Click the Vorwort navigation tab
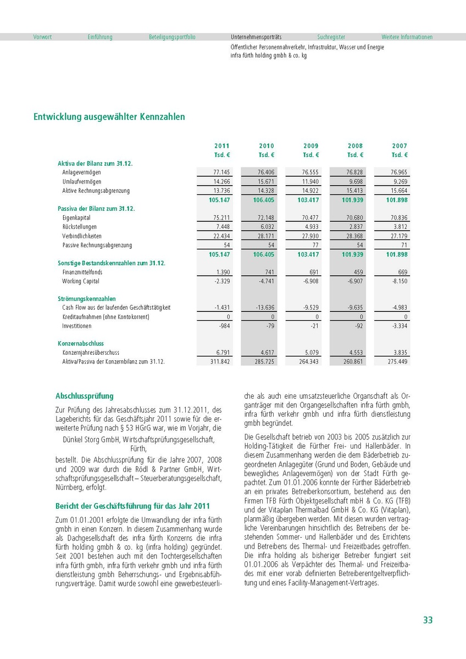coord(42,37)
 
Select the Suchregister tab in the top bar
coord(331,37)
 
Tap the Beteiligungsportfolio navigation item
coord(172,37)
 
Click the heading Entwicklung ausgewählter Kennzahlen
coord(109,117)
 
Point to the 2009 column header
coord(311,146)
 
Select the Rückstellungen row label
coord(80,227)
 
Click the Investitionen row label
coord(77,326)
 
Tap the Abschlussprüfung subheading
coord(85,396)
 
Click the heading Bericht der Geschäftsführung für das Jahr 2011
coord(132,506)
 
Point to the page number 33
coord(428,620)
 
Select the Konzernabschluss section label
coord(81,343)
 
